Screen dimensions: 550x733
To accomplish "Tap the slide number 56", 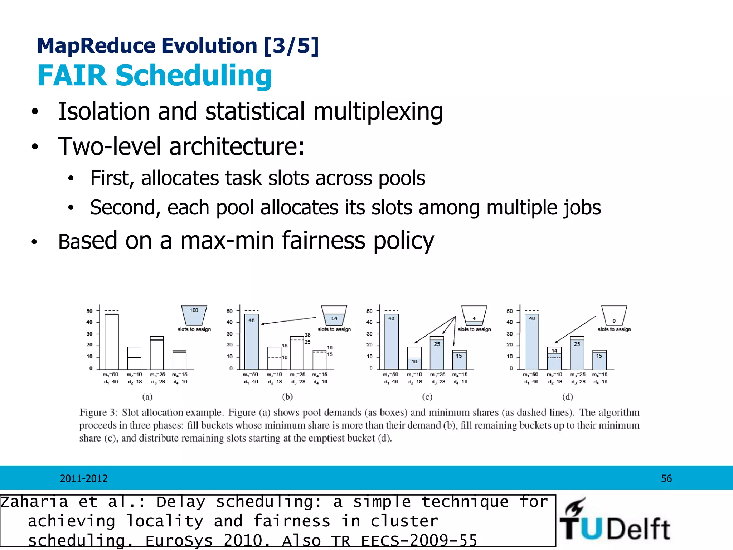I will (x=666, y=479).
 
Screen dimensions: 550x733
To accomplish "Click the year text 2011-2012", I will (x=84, y=479).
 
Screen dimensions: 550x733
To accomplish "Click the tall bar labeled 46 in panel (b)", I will (x=251, y=342).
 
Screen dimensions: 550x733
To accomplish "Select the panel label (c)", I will (x=427, y=397).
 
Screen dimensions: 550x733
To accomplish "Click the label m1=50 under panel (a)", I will (x=110, y=375).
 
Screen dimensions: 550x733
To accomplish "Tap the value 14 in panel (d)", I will (x=554, y=351).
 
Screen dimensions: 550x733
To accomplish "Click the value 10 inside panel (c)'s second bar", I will (x=414, y=362).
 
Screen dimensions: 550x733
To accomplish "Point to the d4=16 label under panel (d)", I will (x=601, y=382).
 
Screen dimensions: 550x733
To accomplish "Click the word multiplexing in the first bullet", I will (x=378, y=112).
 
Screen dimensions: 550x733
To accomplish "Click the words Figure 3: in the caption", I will (x=98, y=412).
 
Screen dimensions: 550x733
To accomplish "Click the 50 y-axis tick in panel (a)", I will (x=89, y=311).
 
